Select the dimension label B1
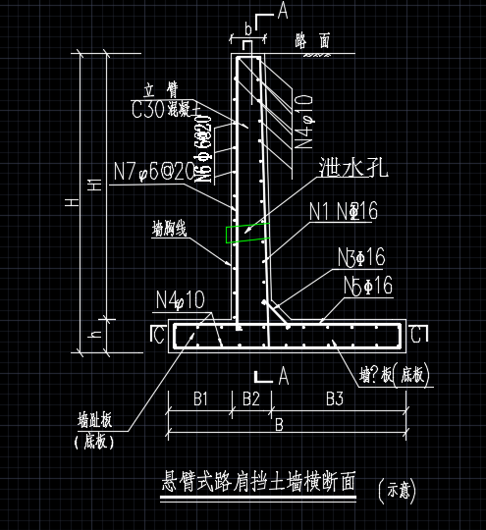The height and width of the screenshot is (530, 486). [x=199, y=398]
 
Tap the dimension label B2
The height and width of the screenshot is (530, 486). [x=250, y=398]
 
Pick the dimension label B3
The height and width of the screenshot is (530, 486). [x=335, y=398]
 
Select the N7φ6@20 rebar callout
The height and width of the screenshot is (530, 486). [x=152, y=172]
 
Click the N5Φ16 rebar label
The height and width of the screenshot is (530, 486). [x=368, y=286]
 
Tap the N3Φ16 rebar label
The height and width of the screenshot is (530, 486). [x=360, y=258]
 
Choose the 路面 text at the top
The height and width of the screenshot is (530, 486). [x=312, y=40]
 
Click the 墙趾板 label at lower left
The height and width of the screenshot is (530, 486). [x=95, y=419]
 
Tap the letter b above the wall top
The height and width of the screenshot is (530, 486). [x=247, y=29]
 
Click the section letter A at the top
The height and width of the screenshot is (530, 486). [x=283, y=11]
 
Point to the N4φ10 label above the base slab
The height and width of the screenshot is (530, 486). [x=180, y=297]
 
